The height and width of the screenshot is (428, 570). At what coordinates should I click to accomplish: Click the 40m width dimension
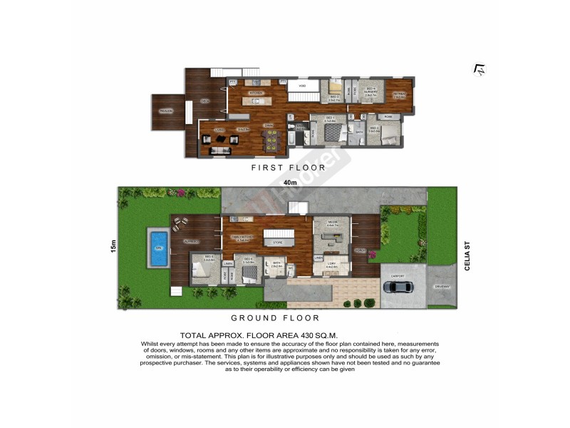point(289,183)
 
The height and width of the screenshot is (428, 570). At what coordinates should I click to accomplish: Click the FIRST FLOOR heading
point(288,168)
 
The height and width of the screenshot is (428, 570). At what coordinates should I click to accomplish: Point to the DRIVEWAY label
point(441,287)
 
